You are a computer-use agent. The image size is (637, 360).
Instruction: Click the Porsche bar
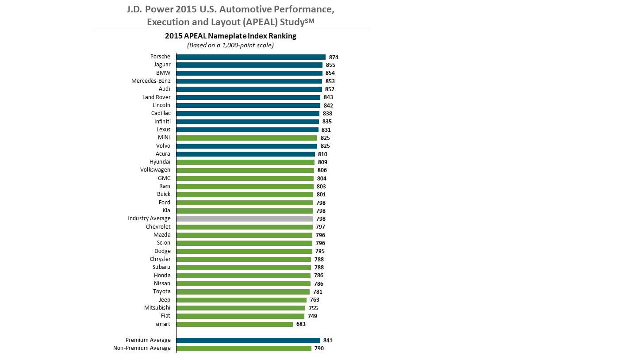tap(250, 57)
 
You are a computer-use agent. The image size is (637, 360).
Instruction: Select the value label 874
tap(334, 57)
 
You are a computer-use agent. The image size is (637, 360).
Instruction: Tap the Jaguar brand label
tap(162, 65)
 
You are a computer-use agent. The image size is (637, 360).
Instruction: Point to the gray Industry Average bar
tap(244, 219)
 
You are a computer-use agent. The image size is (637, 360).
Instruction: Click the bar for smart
tap(234, 324)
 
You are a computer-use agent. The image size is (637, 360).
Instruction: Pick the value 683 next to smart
tap(301, 324)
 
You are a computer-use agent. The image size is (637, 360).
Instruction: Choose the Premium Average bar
tap(248, 341)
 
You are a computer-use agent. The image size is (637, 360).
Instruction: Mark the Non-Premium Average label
tap(142, 348)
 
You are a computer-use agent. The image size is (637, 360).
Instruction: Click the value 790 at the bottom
tap(319, 349)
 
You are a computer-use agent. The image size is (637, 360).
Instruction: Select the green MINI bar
tap(246, 138)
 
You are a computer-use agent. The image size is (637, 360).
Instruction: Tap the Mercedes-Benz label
tap(151, 81)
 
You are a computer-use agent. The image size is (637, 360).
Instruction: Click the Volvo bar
tap(246, 146)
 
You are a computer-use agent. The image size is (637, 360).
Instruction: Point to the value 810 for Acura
tap(322, 154)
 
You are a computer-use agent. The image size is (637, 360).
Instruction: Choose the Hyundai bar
tap(245, 162)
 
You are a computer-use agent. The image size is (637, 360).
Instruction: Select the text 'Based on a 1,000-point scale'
tap(230, 45)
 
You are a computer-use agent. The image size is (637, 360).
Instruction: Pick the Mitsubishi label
tap(157, 308)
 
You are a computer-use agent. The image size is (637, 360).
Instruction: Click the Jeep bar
tap(241, 300)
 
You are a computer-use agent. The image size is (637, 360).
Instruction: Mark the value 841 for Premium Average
tap(328, 341)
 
